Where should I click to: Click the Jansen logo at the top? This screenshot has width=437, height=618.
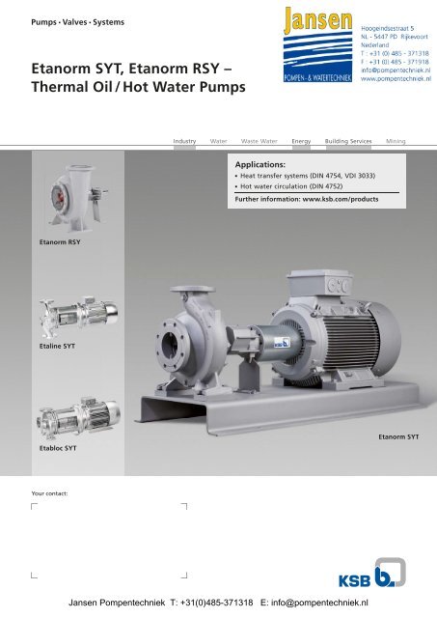click(317, 44)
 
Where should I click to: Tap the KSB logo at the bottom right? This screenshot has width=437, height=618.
click(372, 573)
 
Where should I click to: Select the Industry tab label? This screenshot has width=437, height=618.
click(184, 141)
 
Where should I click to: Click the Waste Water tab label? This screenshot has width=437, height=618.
click(259, 141)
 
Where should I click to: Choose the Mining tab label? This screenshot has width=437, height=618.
click(396, 141)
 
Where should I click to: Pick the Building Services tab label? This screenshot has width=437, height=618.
click(348, 141)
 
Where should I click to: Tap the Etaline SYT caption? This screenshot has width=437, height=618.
click(57, 346)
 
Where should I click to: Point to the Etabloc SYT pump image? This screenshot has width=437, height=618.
click(79, 418)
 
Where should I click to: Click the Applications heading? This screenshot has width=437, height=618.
click(259, 165)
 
